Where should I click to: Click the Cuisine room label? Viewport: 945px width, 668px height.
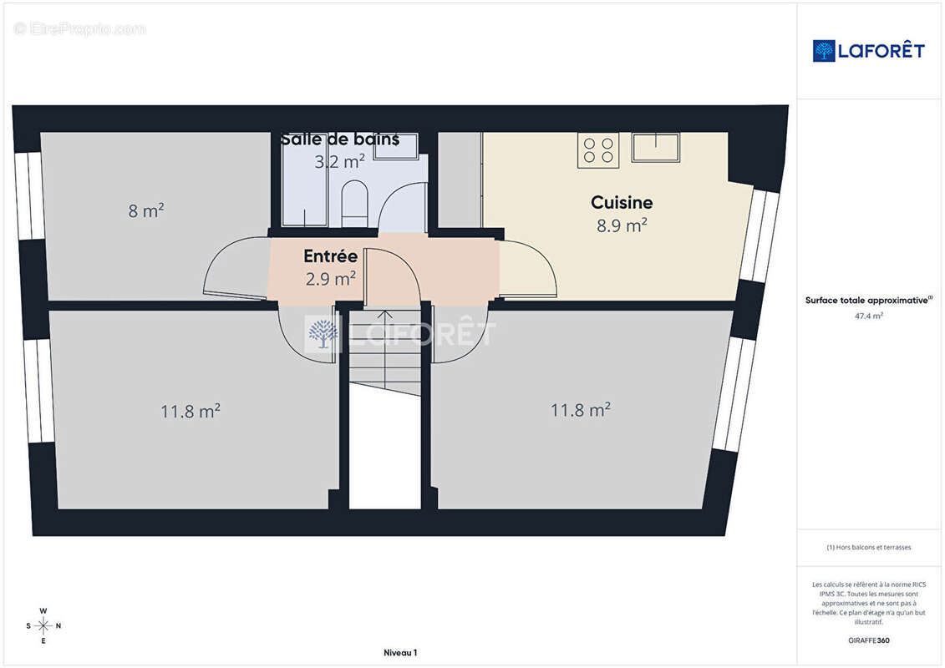point(622,202)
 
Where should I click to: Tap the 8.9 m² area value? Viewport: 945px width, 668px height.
point(622,225)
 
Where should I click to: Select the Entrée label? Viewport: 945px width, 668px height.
point(330,256)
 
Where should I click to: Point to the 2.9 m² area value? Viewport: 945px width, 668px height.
point(330,279)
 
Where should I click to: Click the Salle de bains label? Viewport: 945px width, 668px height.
point(340,139)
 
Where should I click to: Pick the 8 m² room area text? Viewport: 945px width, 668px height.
point(146,210)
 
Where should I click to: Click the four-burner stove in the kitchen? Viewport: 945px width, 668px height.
point(598,150)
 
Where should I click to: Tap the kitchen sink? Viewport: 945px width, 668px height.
point(655,148)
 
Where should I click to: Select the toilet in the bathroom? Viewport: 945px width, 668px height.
point(354,205)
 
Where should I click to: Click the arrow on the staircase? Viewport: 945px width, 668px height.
point(385,349)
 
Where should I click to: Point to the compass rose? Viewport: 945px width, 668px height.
point(43,626)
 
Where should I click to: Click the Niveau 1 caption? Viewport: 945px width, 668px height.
point(400,652)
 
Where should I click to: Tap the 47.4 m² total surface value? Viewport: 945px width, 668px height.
point(868,316)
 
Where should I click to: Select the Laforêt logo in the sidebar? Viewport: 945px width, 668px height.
point(868,51)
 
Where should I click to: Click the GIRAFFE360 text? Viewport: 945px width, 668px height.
point(868,640)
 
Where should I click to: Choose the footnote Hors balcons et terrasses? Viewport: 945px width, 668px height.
point(868,547)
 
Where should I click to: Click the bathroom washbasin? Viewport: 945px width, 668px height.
point(396,146)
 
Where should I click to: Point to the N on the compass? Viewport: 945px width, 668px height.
point(58,626)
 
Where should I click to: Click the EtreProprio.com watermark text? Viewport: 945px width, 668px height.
point(79,28)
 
